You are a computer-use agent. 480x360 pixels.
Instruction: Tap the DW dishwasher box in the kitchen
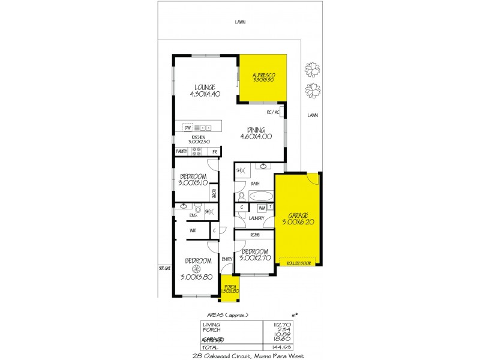[x=187, y=128]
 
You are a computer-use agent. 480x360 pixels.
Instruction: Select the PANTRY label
[x=182, y=152]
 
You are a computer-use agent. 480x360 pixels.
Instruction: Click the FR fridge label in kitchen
[x=214, y=152]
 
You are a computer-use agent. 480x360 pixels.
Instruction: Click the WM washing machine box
[x=262, y=208]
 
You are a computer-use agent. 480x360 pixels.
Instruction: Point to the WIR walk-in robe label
[x=193, y=230]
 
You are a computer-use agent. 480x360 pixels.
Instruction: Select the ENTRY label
[x=226, y=259]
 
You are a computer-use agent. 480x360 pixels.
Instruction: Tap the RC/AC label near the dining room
[x=273, y=113]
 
